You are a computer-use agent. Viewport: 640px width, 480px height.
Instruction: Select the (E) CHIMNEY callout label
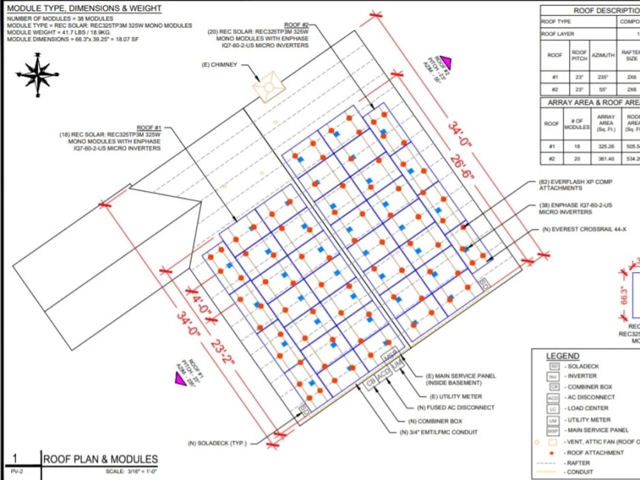(x=219, y=65)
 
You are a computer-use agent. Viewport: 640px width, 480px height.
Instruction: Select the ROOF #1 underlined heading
(x=149, y=128)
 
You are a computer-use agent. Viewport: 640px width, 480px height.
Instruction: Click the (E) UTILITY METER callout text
(x=455, y=397)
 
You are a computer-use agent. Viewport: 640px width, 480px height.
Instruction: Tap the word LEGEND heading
(x=563, y=356)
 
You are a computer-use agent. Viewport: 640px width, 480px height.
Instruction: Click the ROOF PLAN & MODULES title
(x=100, y=459)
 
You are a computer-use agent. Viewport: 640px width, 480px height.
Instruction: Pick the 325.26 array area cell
(x=605, y=146)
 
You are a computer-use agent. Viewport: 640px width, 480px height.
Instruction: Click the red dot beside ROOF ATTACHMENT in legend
(x=552, y=452)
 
